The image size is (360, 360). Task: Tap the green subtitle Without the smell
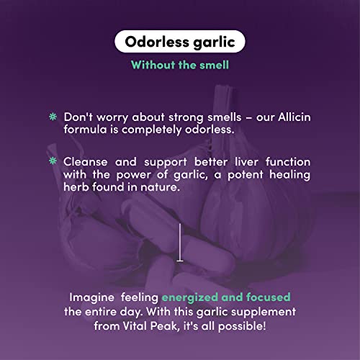click(179, 65)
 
